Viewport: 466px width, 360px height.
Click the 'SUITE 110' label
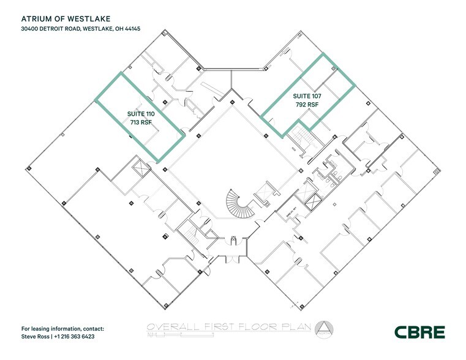[x=140, y=114]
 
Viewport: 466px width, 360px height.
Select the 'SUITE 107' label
[x=307, y=96]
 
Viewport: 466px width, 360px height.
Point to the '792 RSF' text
[x=307, y=105]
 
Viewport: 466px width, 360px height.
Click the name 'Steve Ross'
[x=36, y=337]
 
